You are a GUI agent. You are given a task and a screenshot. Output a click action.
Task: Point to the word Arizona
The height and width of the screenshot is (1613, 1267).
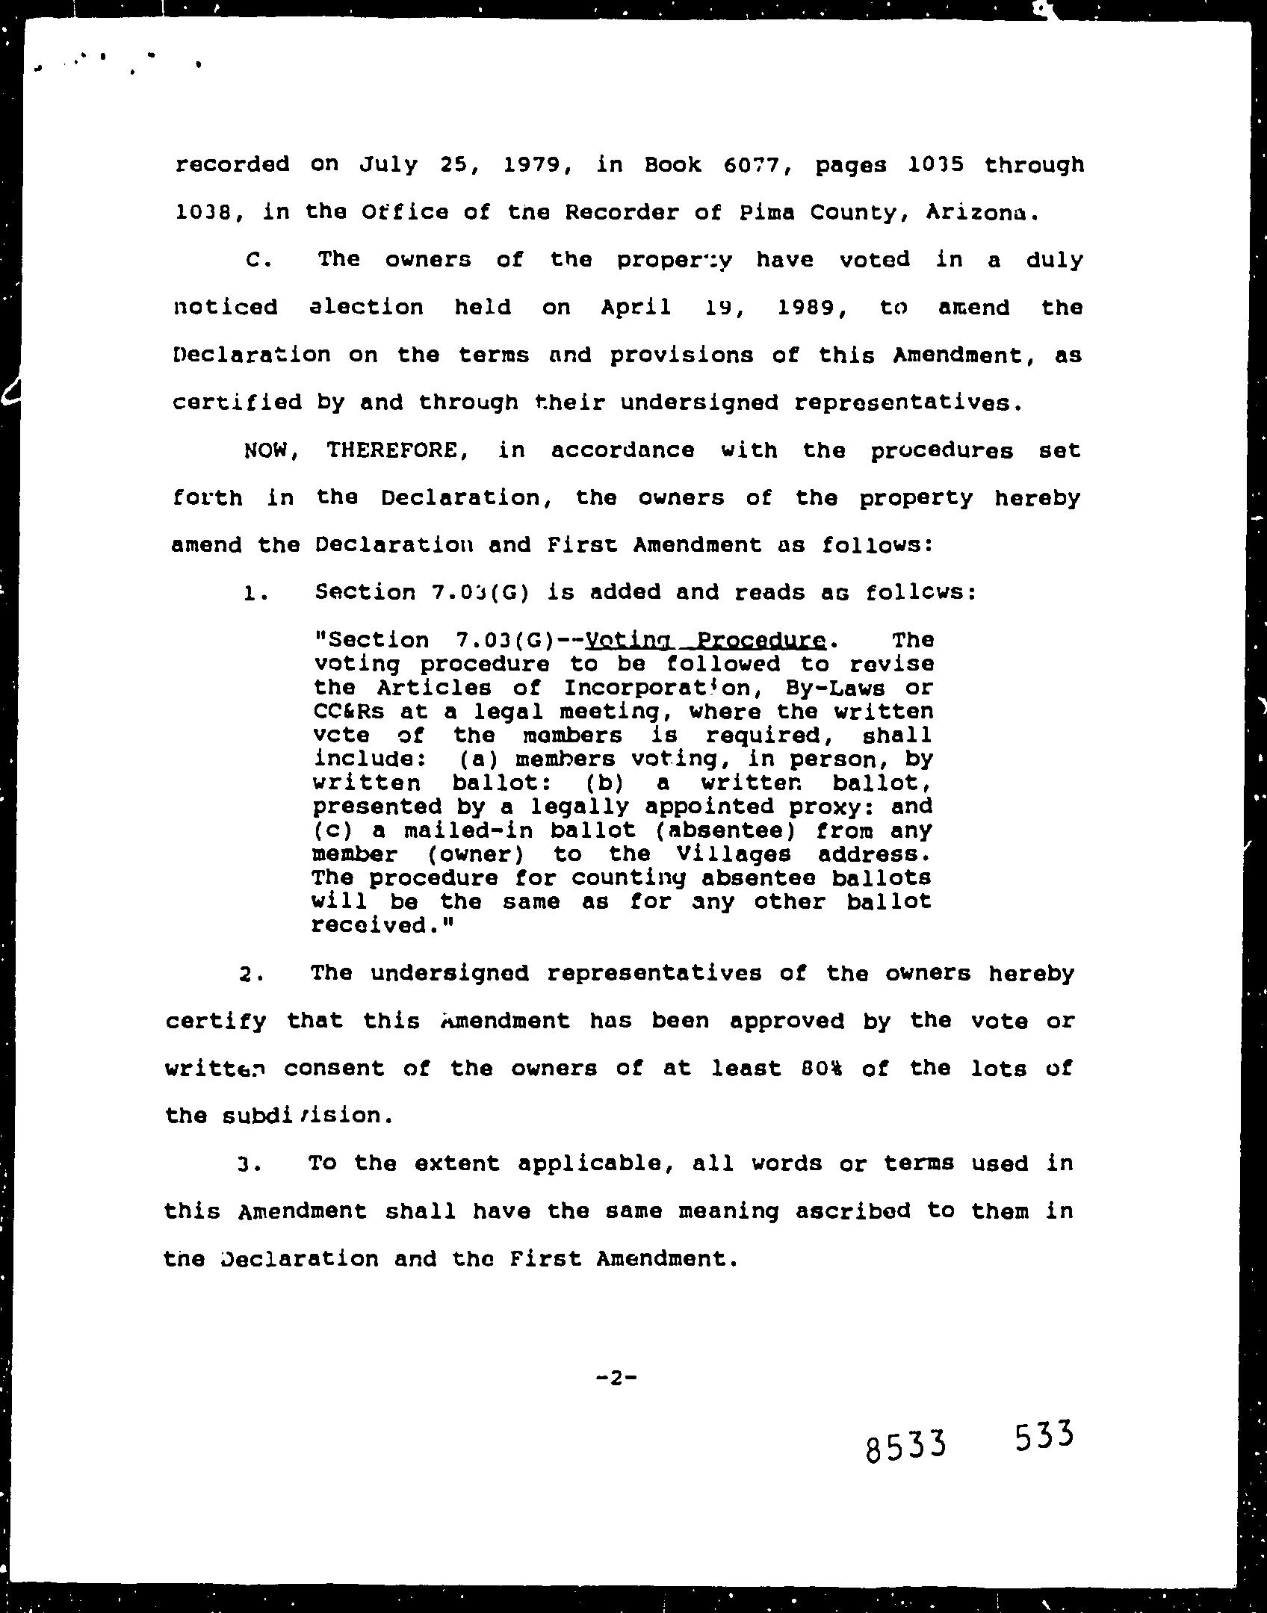pyautogui.click(x=981, y=213)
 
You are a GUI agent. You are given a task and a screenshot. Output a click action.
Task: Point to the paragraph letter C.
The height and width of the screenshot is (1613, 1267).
pyautogui.click(x=254, y=261)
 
